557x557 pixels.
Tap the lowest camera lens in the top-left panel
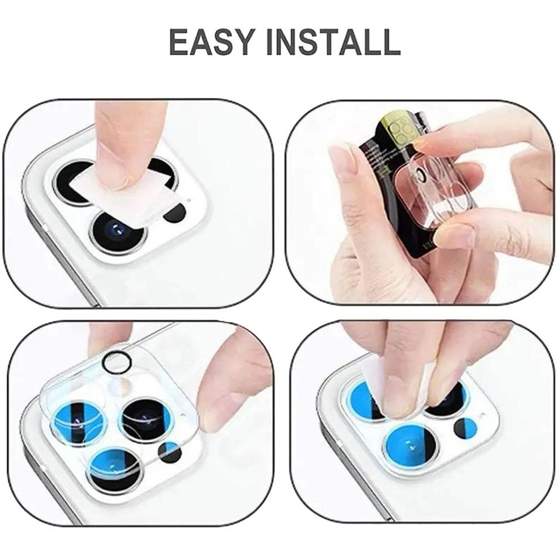118,232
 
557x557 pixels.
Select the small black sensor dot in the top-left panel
175,214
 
